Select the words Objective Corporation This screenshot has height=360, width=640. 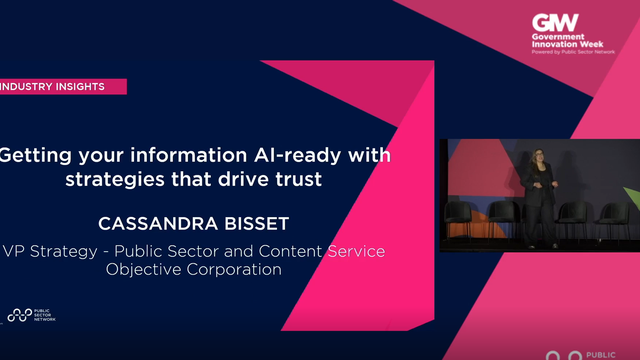(194, 269)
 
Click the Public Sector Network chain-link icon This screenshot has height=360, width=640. (19, 315)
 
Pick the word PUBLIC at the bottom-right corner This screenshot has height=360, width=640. (603, 353)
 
